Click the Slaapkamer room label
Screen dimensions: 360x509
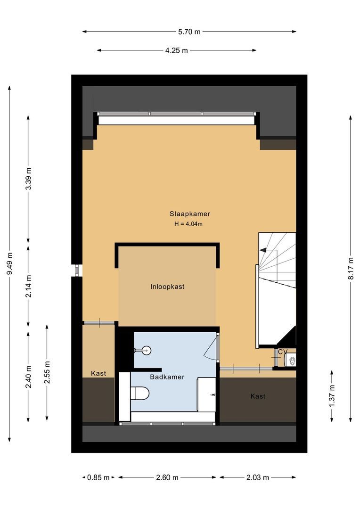[189, 213]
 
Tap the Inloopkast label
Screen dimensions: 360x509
[167, 287]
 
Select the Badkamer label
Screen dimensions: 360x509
[167, 377]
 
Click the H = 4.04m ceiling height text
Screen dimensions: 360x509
[188, 224]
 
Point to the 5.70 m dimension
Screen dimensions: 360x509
[189, 32]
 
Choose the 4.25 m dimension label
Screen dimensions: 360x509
[176, 50]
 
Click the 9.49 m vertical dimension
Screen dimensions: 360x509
[10, 263]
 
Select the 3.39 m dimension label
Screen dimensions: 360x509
[29, 179]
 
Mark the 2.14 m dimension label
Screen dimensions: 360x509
[29, 286]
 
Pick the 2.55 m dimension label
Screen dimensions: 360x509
[47, 372]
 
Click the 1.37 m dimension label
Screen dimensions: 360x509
[332, 396]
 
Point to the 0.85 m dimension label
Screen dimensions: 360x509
[98, 477]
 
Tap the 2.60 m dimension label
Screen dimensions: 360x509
[167, 477]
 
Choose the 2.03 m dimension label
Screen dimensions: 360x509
[258, 477]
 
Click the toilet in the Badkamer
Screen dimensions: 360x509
[139, 393]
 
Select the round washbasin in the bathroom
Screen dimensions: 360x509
[146, 350]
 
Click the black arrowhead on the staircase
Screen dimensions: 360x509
[262, 250]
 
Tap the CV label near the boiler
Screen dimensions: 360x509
[282, 352]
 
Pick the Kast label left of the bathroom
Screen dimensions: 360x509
[98, 373]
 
